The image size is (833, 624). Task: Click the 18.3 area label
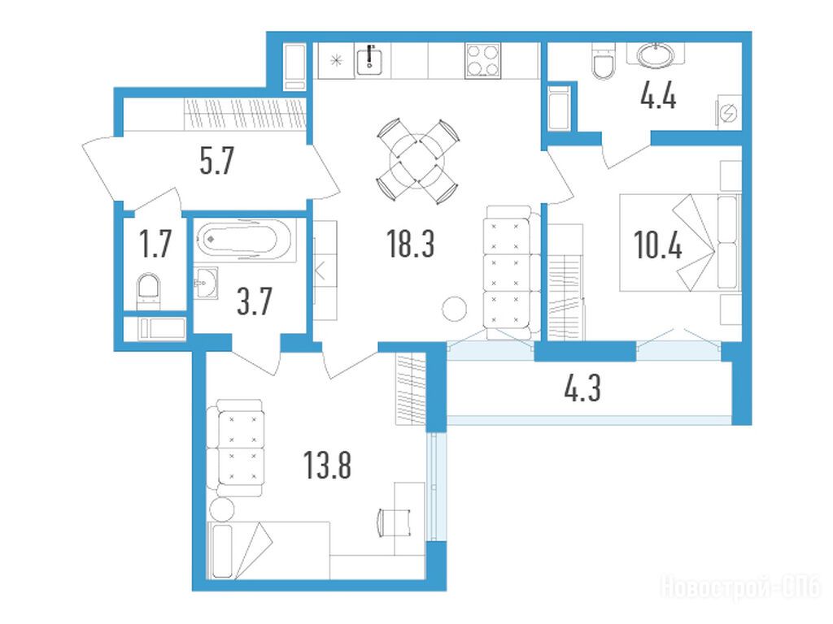tap(411, 245)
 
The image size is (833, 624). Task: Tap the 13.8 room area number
tap(327, 466)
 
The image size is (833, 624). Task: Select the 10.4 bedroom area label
tap(657, 245)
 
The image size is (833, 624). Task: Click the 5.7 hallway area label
tap(216, 161)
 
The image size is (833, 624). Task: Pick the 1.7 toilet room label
tap(155, 245)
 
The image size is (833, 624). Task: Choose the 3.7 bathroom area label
tap(255, 301)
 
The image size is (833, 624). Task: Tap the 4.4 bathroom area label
tap(658, 97)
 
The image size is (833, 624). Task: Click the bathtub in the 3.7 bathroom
tap(244, 240)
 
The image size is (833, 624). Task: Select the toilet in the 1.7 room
tap(148, 290)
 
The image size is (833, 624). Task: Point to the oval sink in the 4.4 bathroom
tap(655, 55)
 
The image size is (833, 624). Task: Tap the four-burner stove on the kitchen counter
tap(482, 60)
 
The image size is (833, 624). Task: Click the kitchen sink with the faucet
tap(370, 59)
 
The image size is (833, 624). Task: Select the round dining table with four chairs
tap(417, 161)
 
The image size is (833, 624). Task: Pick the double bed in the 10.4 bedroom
tap(681, 242)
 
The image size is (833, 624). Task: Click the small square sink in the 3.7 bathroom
tap(206, 282)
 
